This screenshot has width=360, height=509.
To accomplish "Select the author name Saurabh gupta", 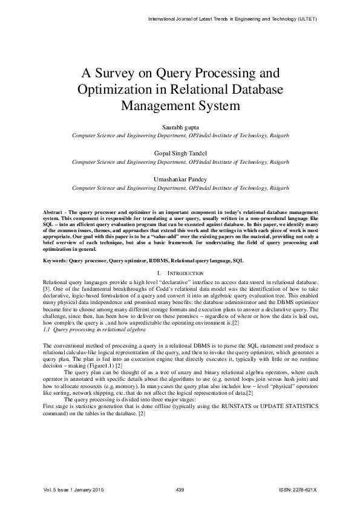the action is tap(180, 128).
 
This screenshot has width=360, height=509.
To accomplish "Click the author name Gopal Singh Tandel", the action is tap(180, 154).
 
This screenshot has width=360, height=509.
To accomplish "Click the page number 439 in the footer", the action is tap(179, 488).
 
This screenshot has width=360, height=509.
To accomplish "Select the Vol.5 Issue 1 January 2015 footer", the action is tap(70, 488).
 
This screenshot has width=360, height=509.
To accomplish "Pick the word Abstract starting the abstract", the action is tap(54, 213).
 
